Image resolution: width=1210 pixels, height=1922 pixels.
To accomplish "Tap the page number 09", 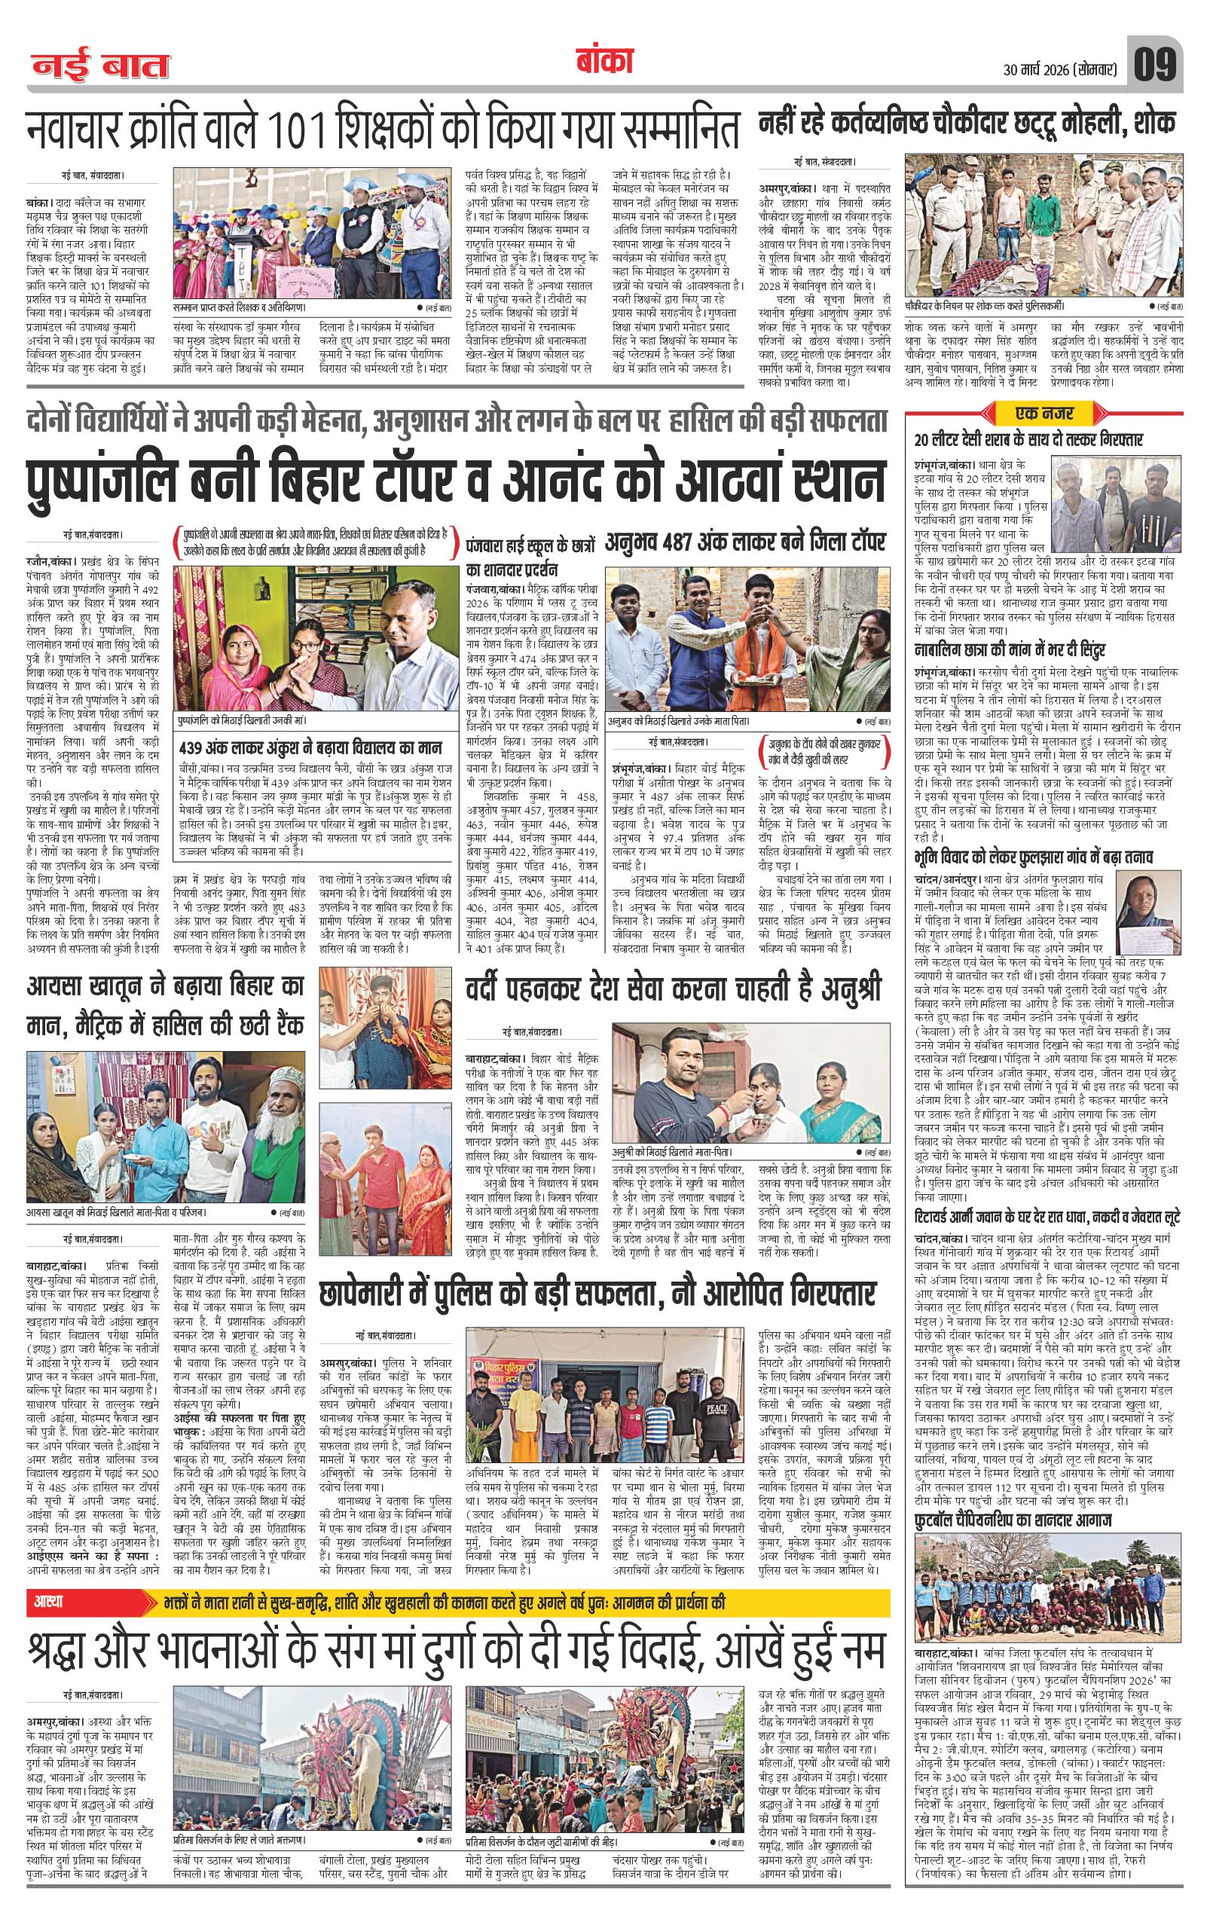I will click(x=1153, y=66).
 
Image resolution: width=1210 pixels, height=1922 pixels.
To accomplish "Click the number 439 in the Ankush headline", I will click(x=196, y=748).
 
